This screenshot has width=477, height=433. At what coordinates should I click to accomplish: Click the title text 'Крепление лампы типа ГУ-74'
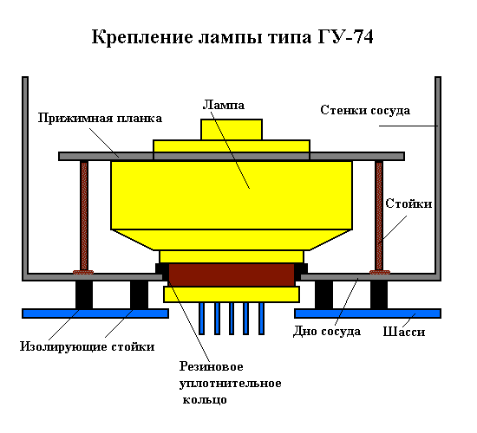point(232,37)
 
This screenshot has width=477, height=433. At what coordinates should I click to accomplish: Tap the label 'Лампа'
point(223,105)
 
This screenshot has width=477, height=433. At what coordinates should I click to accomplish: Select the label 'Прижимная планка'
point(100,118)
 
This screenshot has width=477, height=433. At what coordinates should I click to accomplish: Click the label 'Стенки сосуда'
point(365,110)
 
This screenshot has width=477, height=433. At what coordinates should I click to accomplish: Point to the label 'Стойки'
point(408,204)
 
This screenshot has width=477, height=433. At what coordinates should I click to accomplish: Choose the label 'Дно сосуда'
point(327,332)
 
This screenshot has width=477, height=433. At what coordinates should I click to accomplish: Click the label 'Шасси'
point(403,332)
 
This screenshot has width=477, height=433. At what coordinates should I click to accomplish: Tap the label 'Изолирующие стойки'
point(88,346)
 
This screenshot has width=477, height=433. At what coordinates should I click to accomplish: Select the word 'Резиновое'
point(211,366)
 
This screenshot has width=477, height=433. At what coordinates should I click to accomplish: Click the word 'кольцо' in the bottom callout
point(205,399)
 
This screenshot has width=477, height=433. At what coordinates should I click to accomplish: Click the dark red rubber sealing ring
point(232,275)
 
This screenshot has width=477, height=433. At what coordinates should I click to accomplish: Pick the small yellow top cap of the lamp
point(232,130)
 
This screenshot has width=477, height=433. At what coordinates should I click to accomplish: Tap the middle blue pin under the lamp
point(232,319)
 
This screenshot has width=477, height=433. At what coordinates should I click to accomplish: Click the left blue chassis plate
point(95,313)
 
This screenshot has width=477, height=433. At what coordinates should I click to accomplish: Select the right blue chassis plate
point(368,313)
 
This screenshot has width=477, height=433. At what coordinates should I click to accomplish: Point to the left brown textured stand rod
point(84,216)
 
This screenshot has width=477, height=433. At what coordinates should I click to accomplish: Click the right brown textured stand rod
point(379,216)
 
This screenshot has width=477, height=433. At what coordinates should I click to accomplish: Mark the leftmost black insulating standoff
point(84,294)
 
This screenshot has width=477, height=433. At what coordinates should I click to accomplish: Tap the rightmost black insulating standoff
point(379,294)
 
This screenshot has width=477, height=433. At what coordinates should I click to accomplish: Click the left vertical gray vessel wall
point(25,177)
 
